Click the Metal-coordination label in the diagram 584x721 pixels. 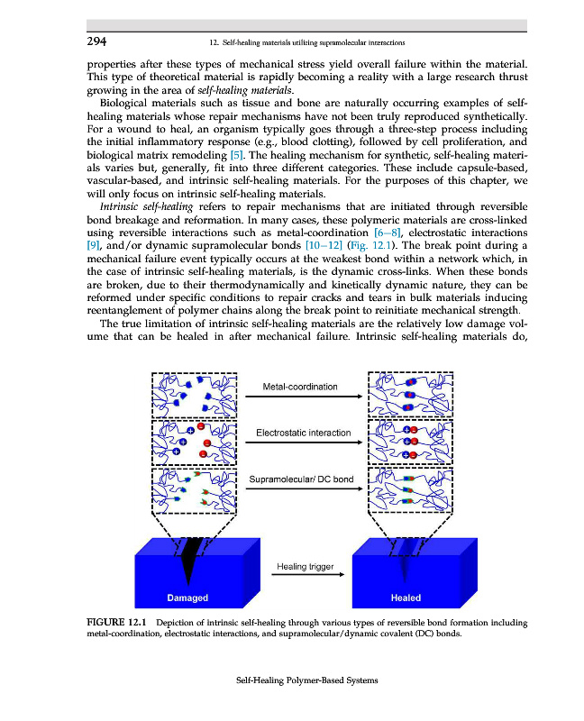tap(300, 387)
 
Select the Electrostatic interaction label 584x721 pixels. tap(304, 433)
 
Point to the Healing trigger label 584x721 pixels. tap(305, 567)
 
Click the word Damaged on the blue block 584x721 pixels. tap(188, 598)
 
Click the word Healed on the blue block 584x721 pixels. tap(406, 598)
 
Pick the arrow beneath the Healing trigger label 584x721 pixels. tap(305, 579)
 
